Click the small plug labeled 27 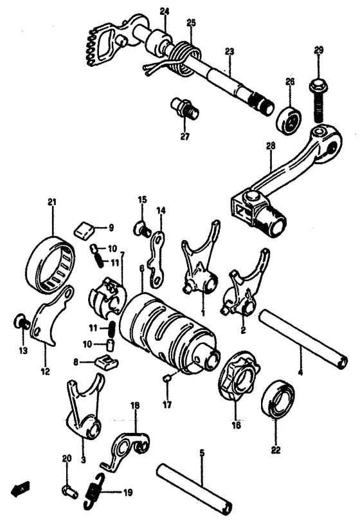click(x=185, y=108)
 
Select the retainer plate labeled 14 click(x=157, y=261)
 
